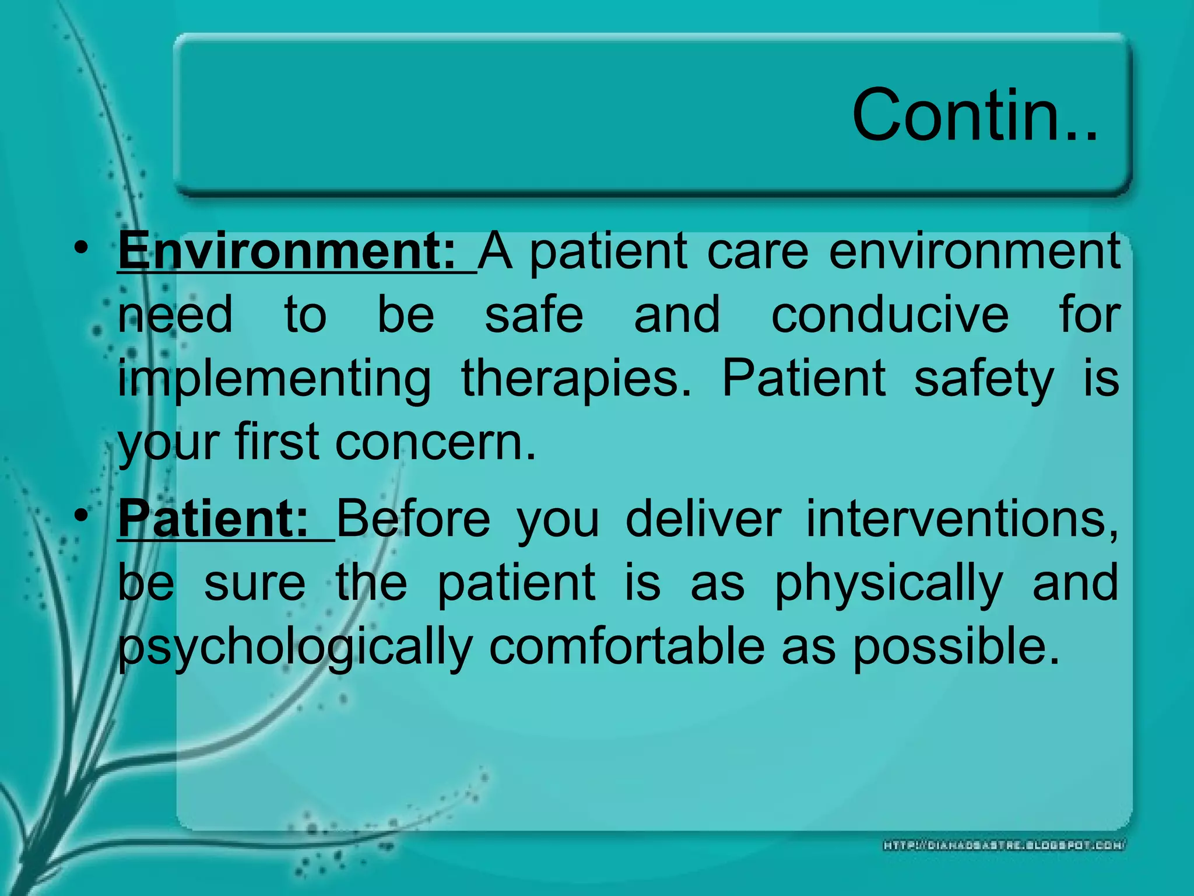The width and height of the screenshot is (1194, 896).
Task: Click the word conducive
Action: (x=890, y=315)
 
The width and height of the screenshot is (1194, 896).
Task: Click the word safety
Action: (x=984, y=379)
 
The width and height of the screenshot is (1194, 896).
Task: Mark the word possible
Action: (x=956, y=647)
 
